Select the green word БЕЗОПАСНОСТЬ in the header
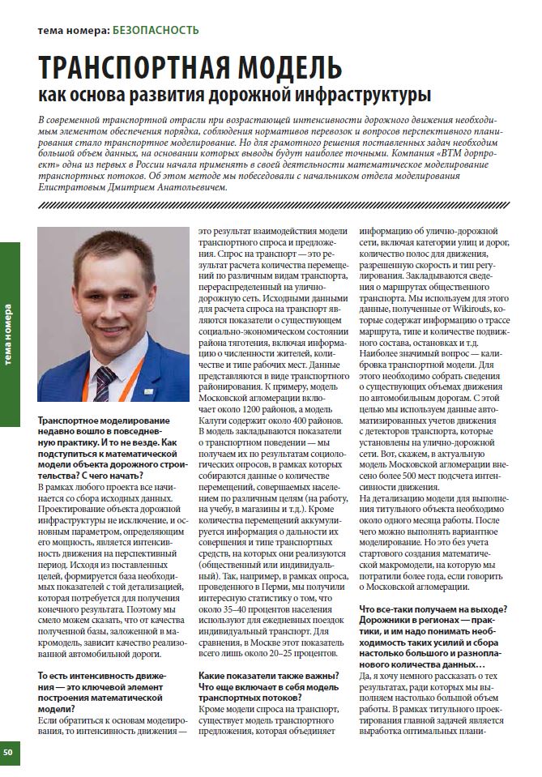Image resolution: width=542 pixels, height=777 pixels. click(156, 31)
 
